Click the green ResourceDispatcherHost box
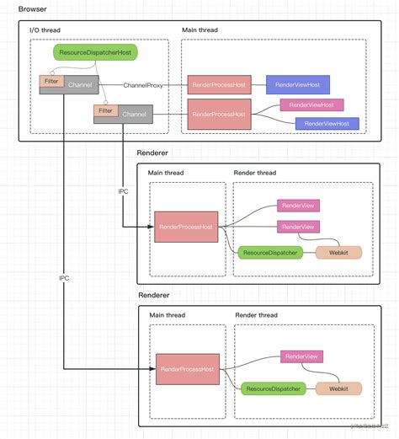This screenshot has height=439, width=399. pos(95,52)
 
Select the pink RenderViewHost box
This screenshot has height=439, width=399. pos(311,105)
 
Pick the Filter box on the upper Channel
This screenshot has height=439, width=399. pos(48,81)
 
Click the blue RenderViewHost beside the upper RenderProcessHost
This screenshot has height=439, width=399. pos(297,84)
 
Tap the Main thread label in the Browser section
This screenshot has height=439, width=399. pos(200,30)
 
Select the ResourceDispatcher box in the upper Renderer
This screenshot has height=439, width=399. pos(269,252)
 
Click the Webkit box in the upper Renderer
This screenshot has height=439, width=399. pos(338,252)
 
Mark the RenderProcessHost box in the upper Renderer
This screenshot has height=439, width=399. pos(186,227)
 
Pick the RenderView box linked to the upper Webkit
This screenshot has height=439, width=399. pos(298,226)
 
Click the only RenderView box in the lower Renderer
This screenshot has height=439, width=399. pos(301,357)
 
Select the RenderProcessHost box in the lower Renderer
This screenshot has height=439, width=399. pos(188,369)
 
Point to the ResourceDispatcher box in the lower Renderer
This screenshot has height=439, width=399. pos(271,388)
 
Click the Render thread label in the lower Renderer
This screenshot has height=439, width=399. pos(255,315)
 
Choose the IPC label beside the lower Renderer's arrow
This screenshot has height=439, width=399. pos(64,277)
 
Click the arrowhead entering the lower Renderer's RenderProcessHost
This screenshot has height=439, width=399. pos(152,369)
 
